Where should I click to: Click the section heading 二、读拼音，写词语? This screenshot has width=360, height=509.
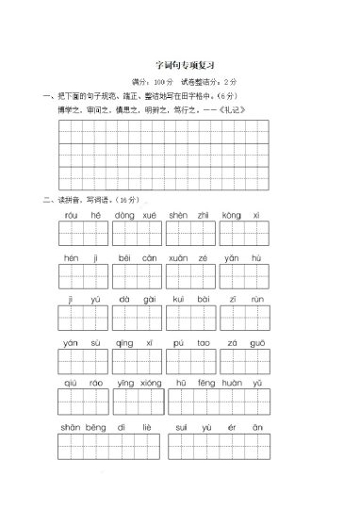click(90, 200)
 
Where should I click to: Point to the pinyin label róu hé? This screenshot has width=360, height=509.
click(83, 215)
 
